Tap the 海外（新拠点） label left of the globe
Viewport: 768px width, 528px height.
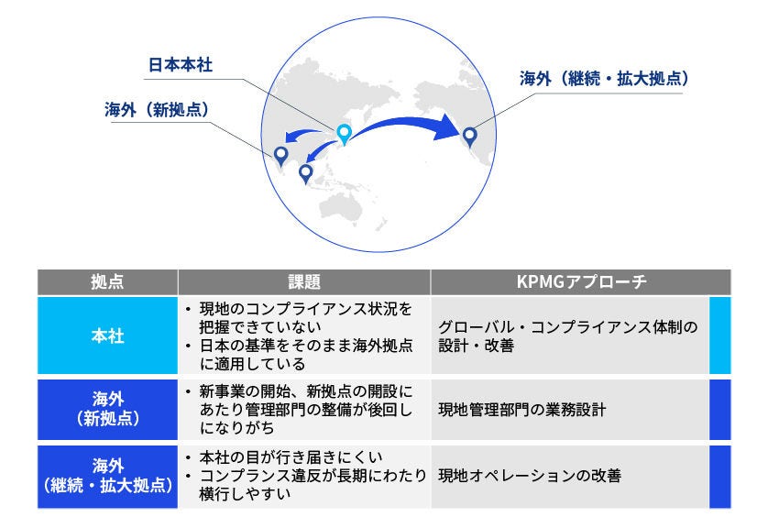pyautogui.click(x=157, y=109)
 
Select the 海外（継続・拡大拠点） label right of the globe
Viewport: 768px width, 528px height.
pyautogui.click(x=604, y=79)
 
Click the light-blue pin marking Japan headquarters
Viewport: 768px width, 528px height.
pyautogui.click(x=344, y=134)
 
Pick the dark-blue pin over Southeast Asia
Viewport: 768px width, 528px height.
pyautogui.click(x=306, y=171)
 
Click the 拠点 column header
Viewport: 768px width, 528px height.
pyautogui.click(x=107, y=282)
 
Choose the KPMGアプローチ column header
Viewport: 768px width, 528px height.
pyautogui.click(x=581, y=282)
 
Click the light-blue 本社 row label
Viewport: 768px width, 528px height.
pyautogui.click(x=107, y=335)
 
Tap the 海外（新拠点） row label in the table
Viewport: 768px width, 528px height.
pyautogui.click(x=107, y=409)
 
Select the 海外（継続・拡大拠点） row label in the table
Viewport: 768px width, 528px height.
pyautogui.click(x=107, y=476)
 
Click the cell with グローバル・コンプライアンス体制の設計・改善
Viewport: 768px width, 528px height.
pyautogui.click(x=568, y=335)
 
